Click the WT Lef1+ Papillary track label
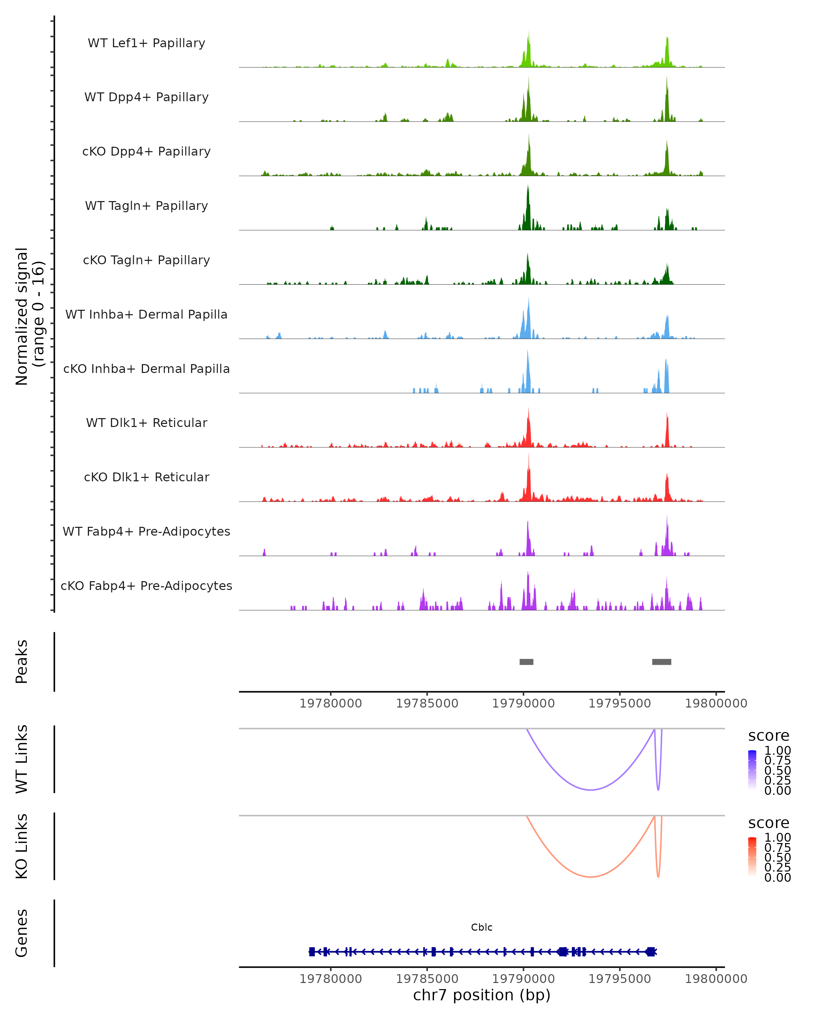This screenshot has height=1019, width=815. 146,43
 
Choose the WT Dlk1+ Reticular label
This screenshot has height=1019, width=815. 146,423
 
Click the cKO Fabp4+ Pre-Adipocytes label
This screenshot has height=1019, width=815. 146,586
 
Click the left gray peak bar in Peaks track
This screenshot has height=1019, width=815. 526,662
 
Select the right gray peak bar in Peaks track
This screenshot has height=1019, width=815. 662,662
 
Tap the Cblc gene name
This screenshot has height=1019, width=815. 482,927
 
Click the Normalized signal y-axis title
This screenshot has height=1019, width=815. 29,316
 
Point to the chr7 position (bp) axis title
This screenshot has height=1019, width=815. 482,995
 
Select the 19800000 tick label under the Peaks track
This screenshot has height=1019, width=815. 716,703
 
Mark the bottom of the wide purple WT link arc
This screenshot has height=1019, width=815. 591,790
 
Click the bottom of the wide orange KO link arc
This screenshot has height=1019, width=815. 591,877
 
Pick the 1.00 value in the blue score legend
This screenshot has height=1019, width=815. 777,751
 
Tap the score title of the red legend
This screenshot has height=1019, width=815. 769,823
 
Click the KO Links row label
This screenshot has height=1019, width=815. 22,846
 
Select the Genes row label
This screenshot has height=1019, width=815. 22,933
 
